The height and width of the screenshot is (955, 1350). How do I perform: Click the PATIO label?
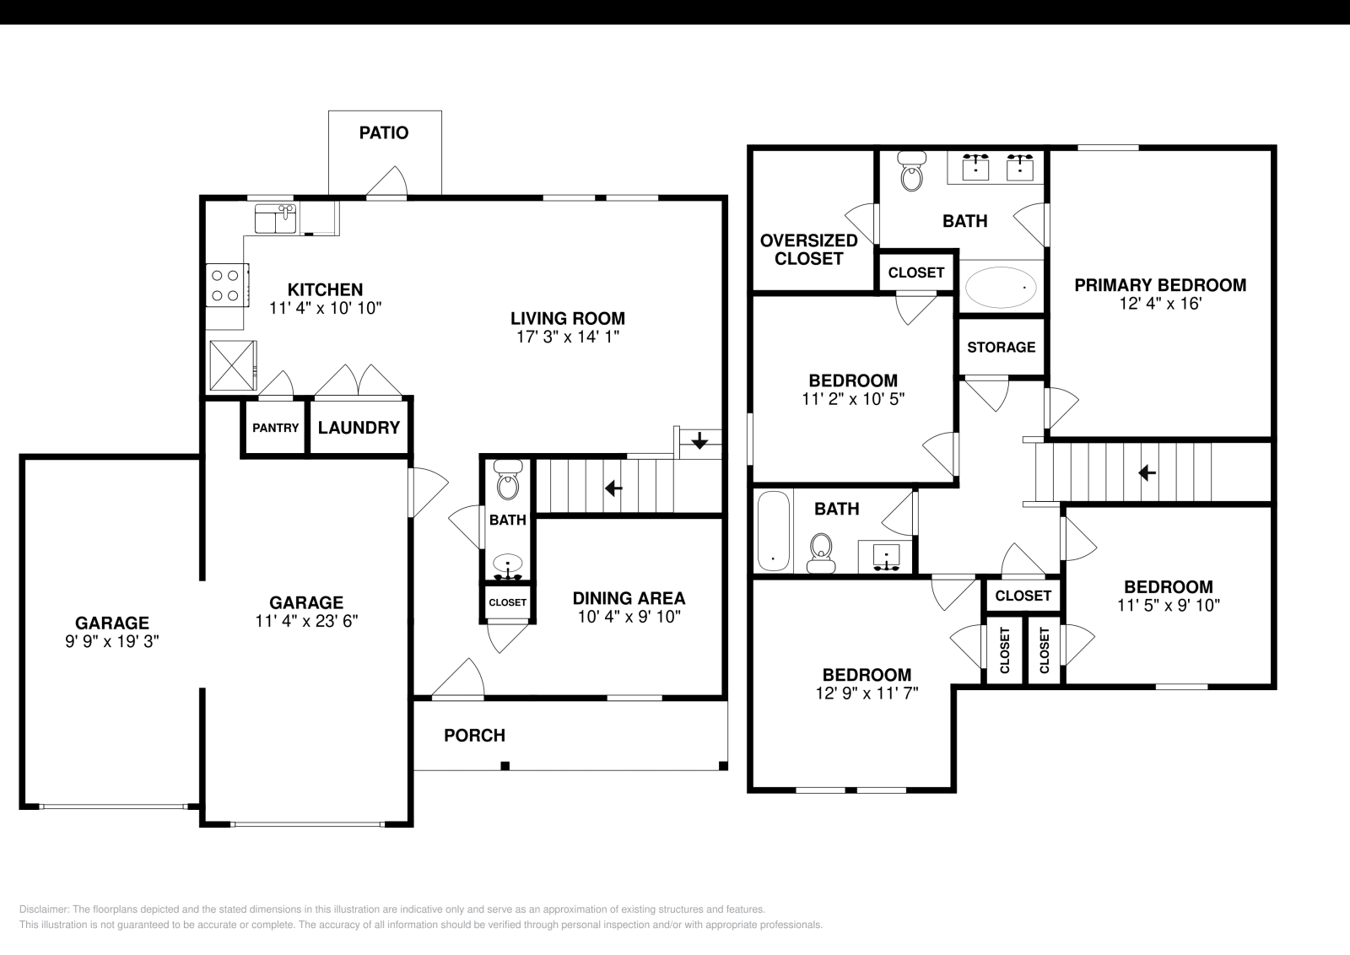click(x=383, y=132)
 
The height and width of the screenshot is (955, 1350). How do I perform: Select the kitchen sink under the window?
click(x=275, y=219)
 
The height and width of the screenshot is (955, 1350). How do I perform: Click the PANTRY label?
click(x=275, y=428)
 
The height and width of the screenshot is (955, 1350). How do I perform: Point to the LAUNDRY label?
click(x=359, y=428)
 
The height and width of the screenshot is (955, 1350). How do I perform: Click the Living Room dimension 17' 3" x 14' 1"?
click(x=568, y=337)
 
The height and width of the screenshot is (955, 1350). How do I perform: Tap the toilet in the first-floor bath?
click(x=507, y=483)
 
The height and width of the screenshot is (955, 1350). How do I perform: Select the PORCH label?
click(x=474, y=736)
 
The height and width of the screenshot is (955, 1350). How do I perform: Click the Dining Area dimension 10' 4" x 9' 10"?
click(x=629, y=617)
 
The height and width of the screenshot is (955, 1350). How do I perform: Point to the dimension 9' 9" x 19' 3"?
click(x=111, y=641)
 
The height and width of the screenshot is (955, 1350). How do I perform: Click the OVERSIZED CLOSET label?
click(x=808, y=250)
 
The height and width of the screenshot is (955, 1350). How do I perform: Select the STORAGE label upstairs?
click(x=1001, y=348)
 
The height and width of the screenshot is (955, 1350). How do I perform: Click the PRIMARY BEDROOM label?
click(x=1159, y=285)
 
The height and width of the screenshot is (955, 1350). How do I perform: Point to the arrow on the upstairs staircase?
click(x=1146, y=472)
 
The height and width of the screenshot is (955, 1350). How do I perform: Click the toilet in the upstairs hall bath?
click(x=820, y=549)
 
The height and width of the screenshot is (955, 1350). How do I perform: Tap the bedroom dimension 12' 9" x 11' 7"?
click(x=867, y=693)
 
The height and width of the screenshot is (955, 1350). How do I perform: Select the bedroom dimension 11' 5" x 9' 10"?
click(x=1168, y=605)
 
